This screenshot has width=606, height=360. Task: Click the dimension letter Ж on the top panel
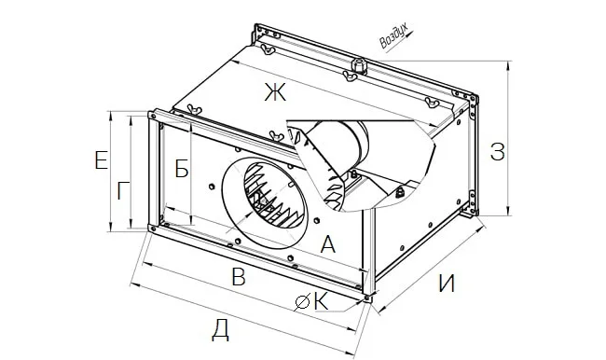click(x=275, y=92)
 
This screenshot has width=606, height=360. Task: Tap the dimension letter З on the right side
click(x=498, y=152)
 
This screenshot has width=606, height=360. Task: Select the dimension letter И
click(x=448, y=284)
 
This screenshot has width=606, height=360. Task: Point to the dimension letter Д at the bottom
click(x=220, y=331)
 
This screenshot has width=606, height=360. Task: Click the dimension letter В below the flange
click(x=239, y=277)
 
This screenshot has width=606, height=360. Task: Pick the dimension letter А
click(x=328, y=244)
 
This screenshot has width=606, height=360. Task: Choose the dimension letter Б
click(x=182, y=169)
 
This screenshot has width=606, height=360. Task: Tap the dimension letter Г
click(x=123, y=191)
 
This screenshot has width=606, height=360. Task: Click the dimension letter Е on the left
click(x=101, y=160)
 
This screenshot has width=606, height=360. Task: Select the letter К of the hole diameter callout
click(x=321, y=301)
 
